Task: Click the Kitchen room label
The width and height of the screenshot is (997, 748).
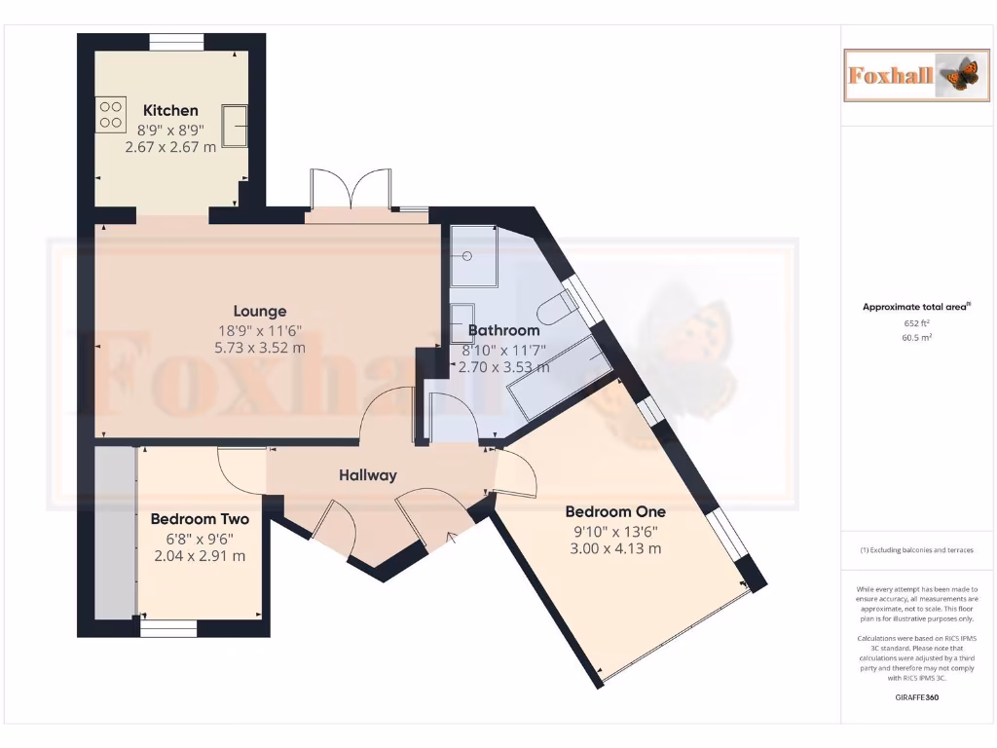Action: [x=170, y=110]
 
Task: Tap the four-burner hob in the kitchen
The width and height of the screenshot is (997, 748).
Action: [x=111, y=114]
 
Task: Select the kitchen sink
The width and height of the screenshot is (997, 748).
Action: [x=234, y=124]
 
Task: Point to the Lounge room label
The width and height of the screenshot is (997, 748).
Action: [x=260, y=312]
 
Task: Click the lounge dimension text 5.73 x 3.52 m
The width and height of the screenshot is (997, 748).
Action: [x=260, y=348]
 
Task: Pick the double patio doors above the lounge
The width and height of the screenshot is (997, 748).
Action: [x=350, y=189]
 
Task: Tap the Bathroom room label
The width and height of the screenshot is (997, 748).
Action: [x=503, y=330]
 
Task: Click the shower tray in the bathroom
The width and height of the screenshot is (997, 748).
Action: [x=474, y=256]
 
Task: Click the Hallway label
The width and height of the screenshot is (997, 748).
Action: [x=368, y=475]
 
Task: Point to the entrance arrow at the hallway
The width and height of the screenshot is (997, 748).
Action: [x=450, y=537]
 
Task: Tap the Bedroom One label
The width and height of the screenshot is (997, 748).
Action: [x=615, y=511]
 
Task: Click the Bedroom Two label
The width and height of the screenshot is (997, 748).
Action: [x=200, y=519]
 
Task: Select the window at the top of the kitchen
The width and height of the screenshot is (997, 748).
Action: [x=176, y=42]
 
